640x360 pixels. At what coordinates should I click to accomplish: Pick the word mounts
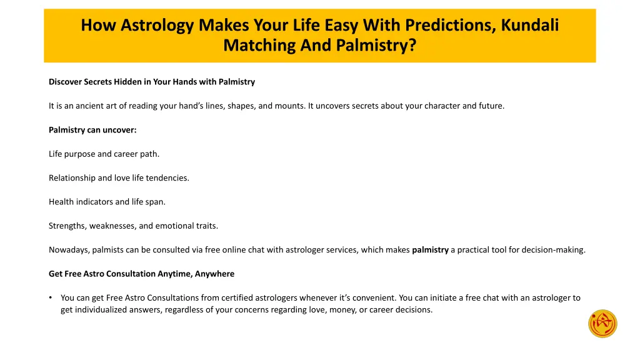[291, 106]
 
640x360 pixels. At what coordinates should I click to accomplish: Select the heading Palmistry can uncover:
[92, 130]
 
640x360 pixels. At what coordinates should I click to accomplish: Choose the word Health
[61, 202]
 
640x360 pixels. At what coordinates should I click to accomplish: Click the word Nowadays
[69, 250]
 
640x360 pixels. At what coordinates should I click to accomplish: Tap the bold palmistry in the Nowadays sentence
[430, 250]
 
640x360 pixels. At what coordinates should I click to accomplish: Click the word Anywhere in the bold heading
[214, 274]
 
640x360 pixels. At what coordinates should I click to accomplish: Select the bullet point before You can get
[51, 298]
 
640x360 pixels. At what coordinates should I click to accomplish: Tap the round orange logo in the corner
[602, 324]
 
